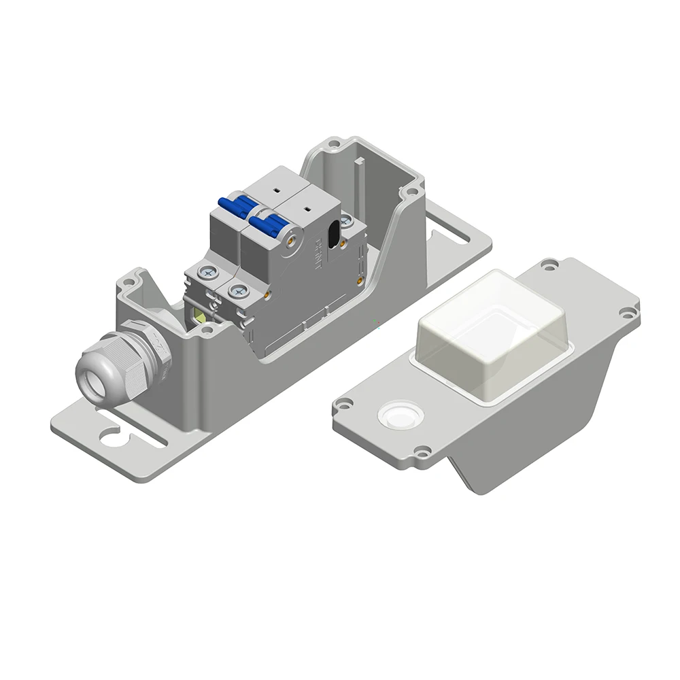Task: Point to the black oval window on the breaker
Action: pos(333,235)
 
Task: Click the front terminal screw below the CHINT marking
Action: pos(237,291)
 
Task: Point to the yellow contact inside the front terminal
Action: pos(201,313)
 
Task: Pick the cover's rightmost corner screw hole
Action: pos(624,312)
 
